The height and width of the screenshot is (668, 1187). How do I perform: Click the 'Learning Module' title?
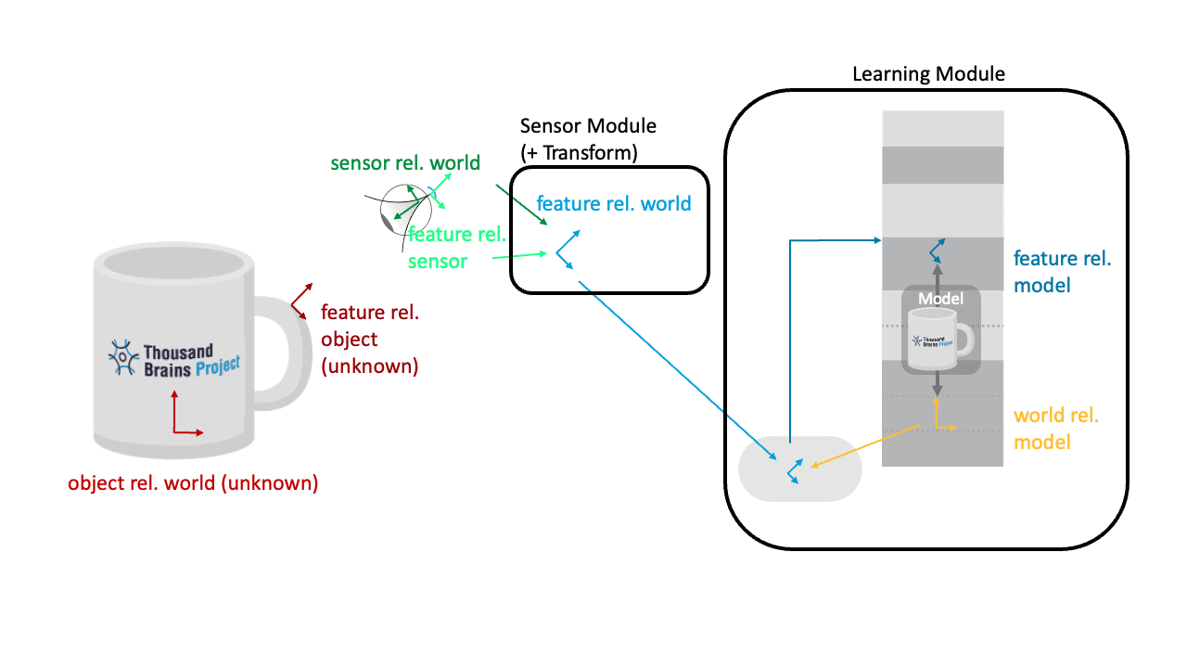(928, 74)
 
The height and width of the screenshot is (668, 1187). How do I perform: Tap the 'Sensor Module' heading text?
(588, 126)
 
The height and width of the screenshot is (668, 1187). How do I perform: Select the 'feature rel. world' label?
(614, 203)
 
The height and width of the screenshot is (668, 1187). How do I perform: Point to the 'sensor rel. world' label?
(405, 163)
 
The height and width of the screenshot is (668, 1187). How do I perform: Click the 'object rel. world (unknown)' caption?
(193, 483)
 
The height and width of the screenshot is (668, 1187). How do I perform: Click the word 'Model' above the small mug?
(940, 299)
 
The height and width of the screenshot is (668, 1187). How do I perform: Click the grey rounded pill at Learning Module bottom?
(799, 469)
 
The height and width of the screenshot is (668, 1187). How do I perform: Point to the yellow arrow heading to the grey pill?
(862, 445)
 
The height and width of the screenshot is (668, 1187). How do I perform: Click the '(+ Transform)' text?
(579, 153)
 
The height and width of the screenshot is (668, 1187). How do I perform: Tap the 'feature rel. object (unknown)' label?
(369, 340)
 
